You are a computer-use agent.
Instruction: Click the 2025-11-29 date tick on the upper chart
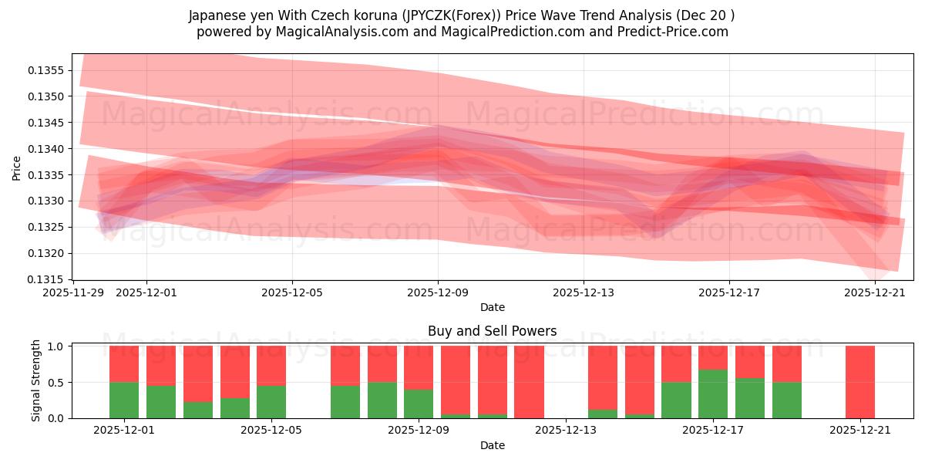[x=74, y=292]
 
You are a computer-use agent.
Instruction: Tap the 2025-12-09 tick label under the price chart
[x=438, y=292]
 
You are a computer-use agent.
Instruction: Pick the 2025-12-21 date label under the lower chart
[x=859, y=431]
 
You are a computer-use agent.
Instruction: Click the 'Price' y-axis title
[x=17, y=167]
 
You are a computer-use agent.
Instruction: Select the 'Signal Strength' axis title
[x=36, y=380]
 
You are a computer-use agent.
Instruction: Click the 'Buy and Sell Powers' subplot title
[x=492, y=331]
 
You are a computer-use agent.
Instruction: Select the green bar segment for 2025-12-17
[x=713, y=394]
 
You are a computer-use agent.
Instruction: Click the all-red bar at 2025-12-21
[x=859, y=382]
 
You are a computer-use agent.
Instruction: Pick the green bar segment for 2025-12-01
[x=124, y=400]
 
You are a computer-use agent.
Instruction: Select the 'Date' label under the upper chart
[x=492, y=307]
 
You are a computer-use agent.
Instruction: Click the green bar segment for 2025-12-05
[x=271, y=401]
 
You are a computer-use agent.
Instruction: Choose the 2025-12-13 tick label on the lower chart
[x=566, y=431]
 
